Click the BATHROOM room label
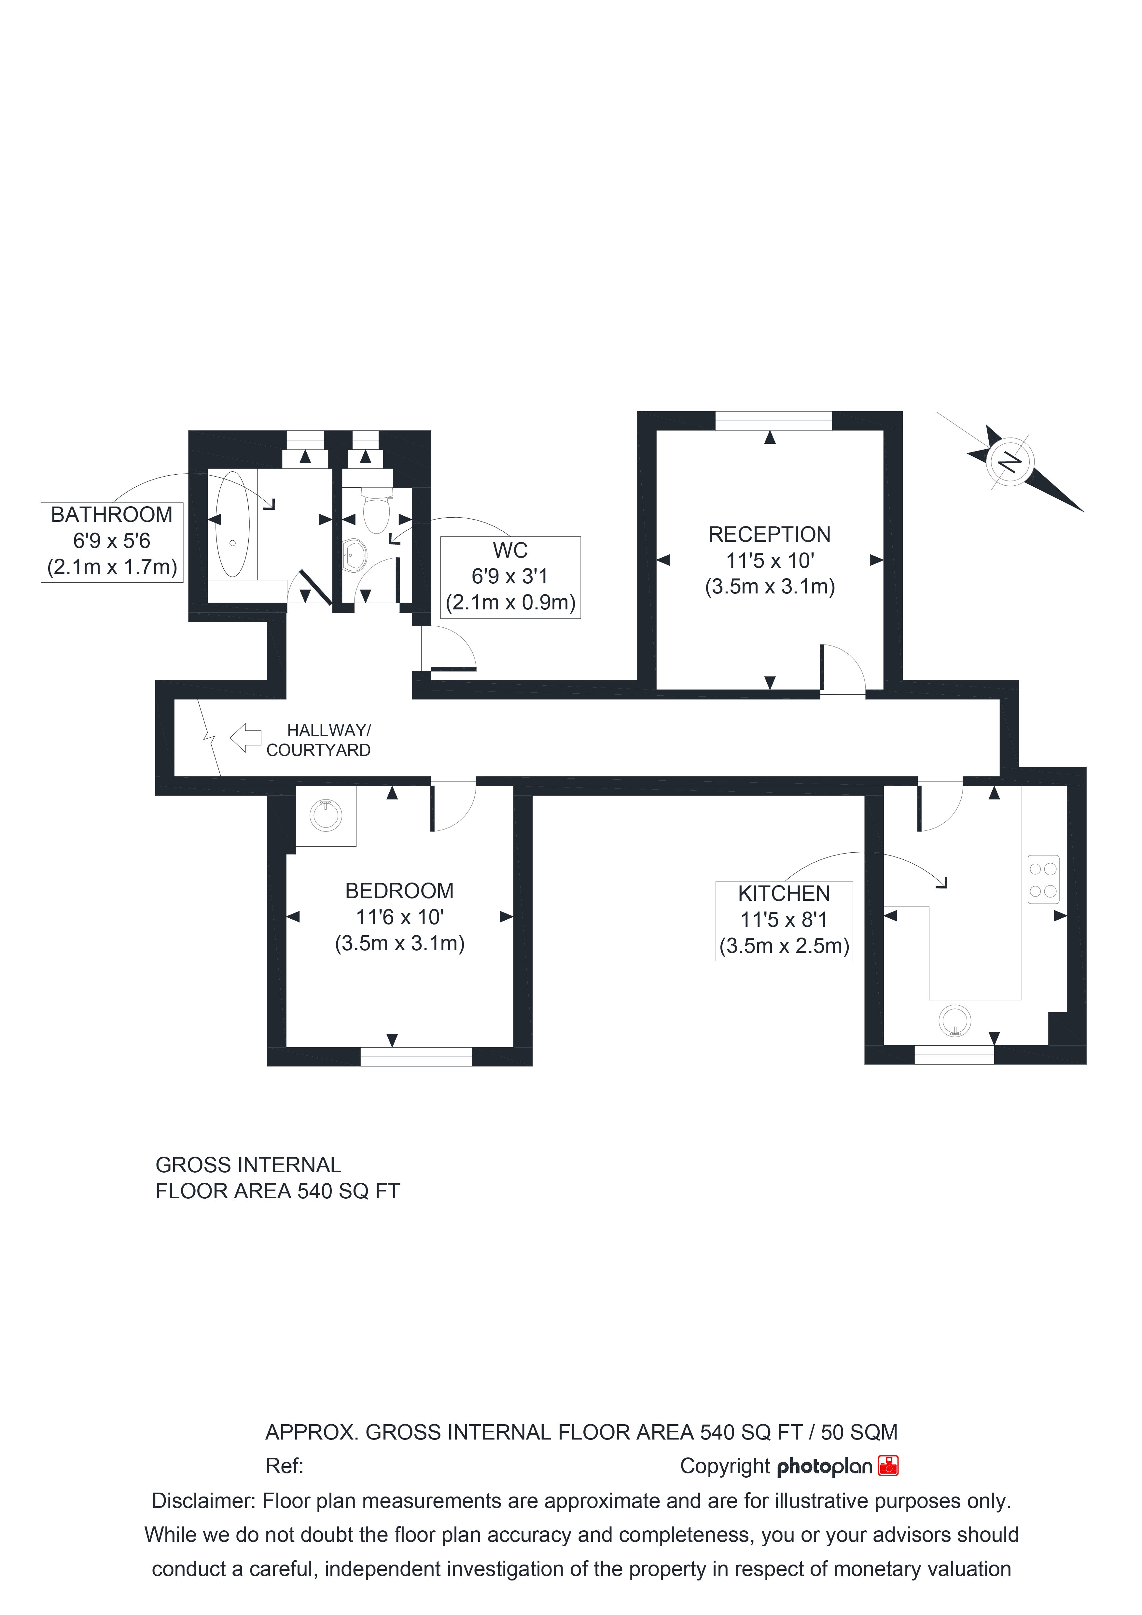[x=112, y=515]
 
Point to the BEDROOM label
[x=399, y=891]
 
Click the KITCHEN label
[x=784, y=894]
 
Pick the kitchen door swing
[x=940, y=806]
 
